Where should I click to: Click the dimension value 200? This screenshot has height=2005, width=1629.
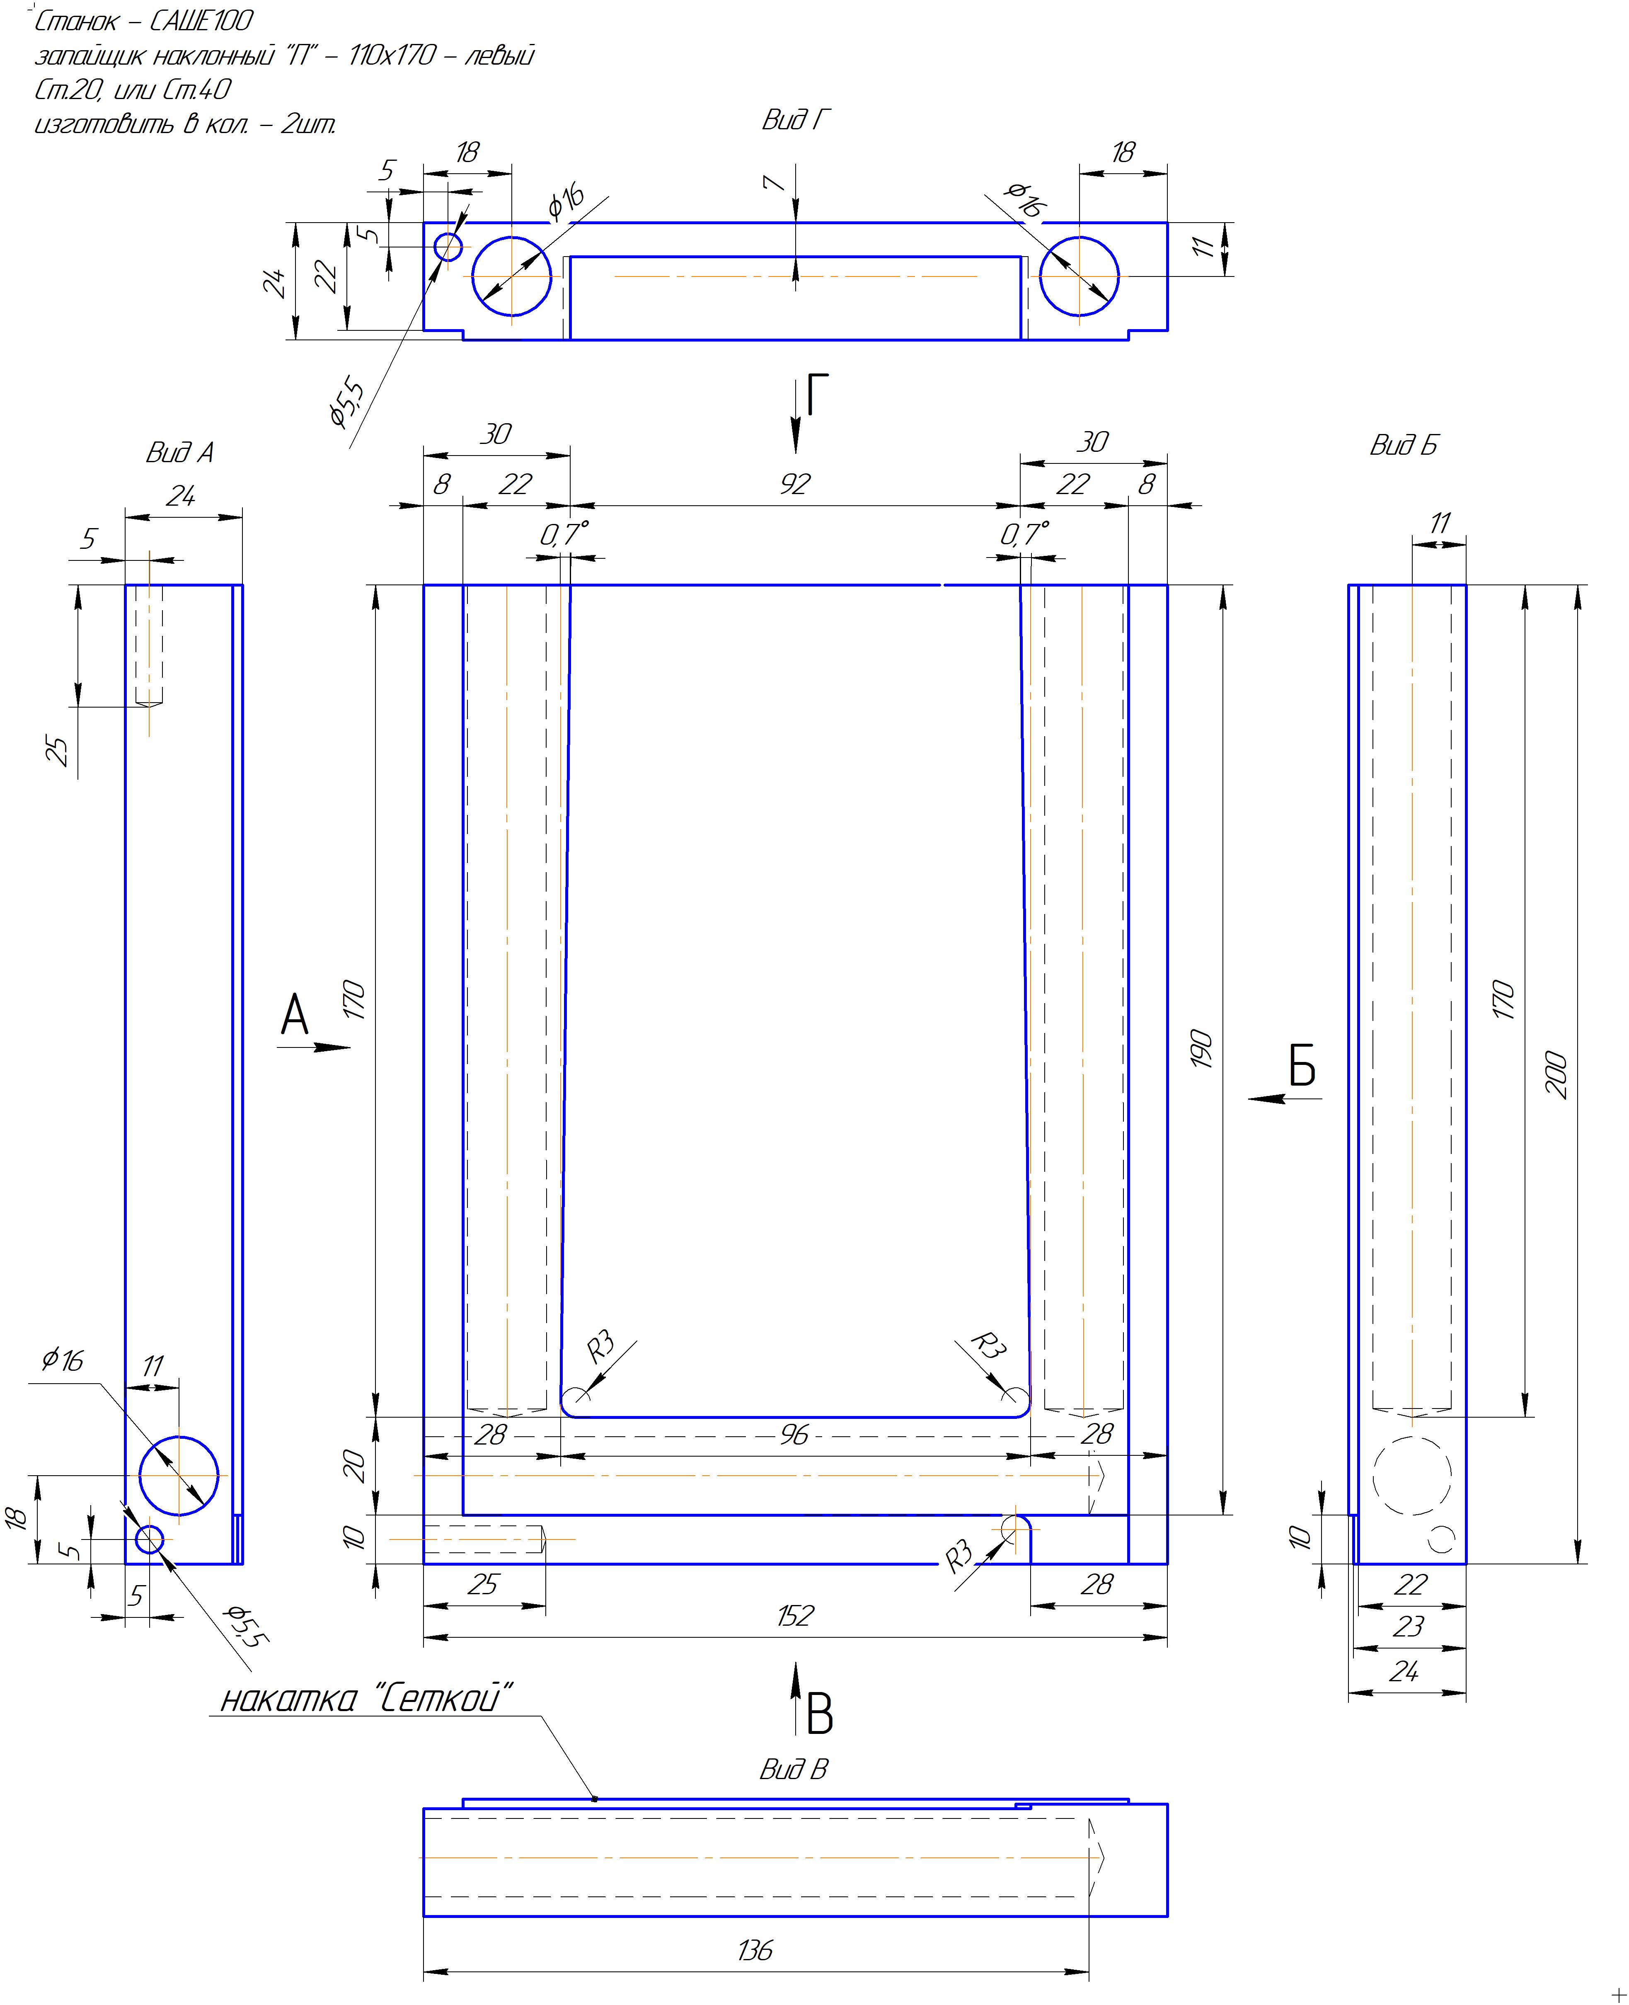coord(1556,1075)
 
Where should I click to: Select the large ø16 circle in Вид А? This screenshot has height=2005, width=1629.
coord(179,1476)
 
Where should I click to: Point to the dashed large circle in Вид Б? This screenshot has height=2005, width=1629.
coord(1412,1476)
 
